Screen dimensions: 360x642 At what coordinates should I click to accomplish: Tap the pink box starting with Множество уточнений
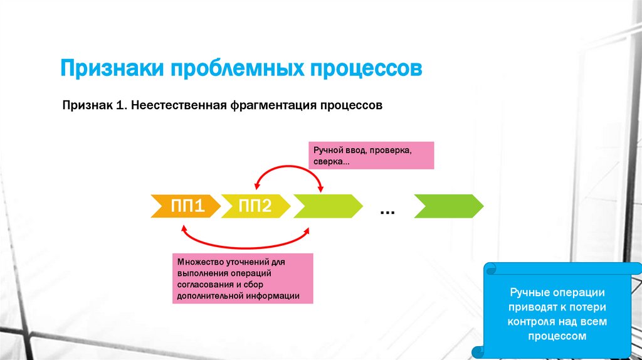pos(243,279)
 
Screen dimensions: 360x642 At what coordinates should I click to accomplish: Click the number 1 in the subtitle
pos(118,106)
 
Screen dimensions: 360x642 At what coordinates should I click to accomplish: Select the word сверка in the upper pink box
pos(329,161)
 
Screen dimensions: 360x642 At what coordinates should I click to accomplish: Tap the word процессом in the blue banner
pos(557,336)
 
